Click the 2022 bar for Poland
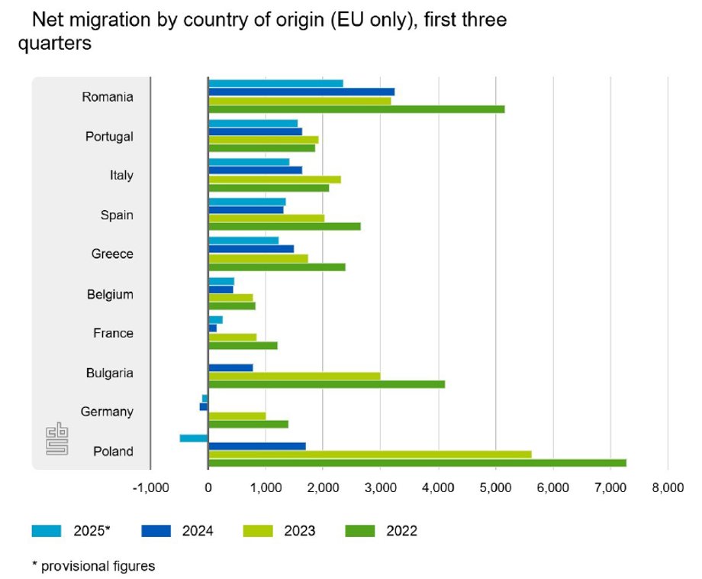(x=417, y=463)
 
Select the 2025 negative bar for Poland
(x=194, y=438)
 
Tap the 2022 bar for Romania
(x=356, y=109)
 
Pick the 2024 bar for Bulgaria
(x=230, y=367)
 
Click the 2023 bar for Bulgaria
(x=294, y=376)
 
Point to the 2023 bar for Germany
(x=237, y=416)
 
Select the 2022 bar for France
(x=243, y=345)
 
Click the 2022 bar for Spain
(x=284, y=226)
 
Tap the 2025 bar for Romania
(x=275, y=83)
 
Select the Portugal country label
(x=109, y=137)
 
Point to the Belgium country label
(x=110, y=294)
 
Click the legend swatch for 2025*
(x=46, y=530)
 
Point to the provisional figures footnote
(x=93, y=566)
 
